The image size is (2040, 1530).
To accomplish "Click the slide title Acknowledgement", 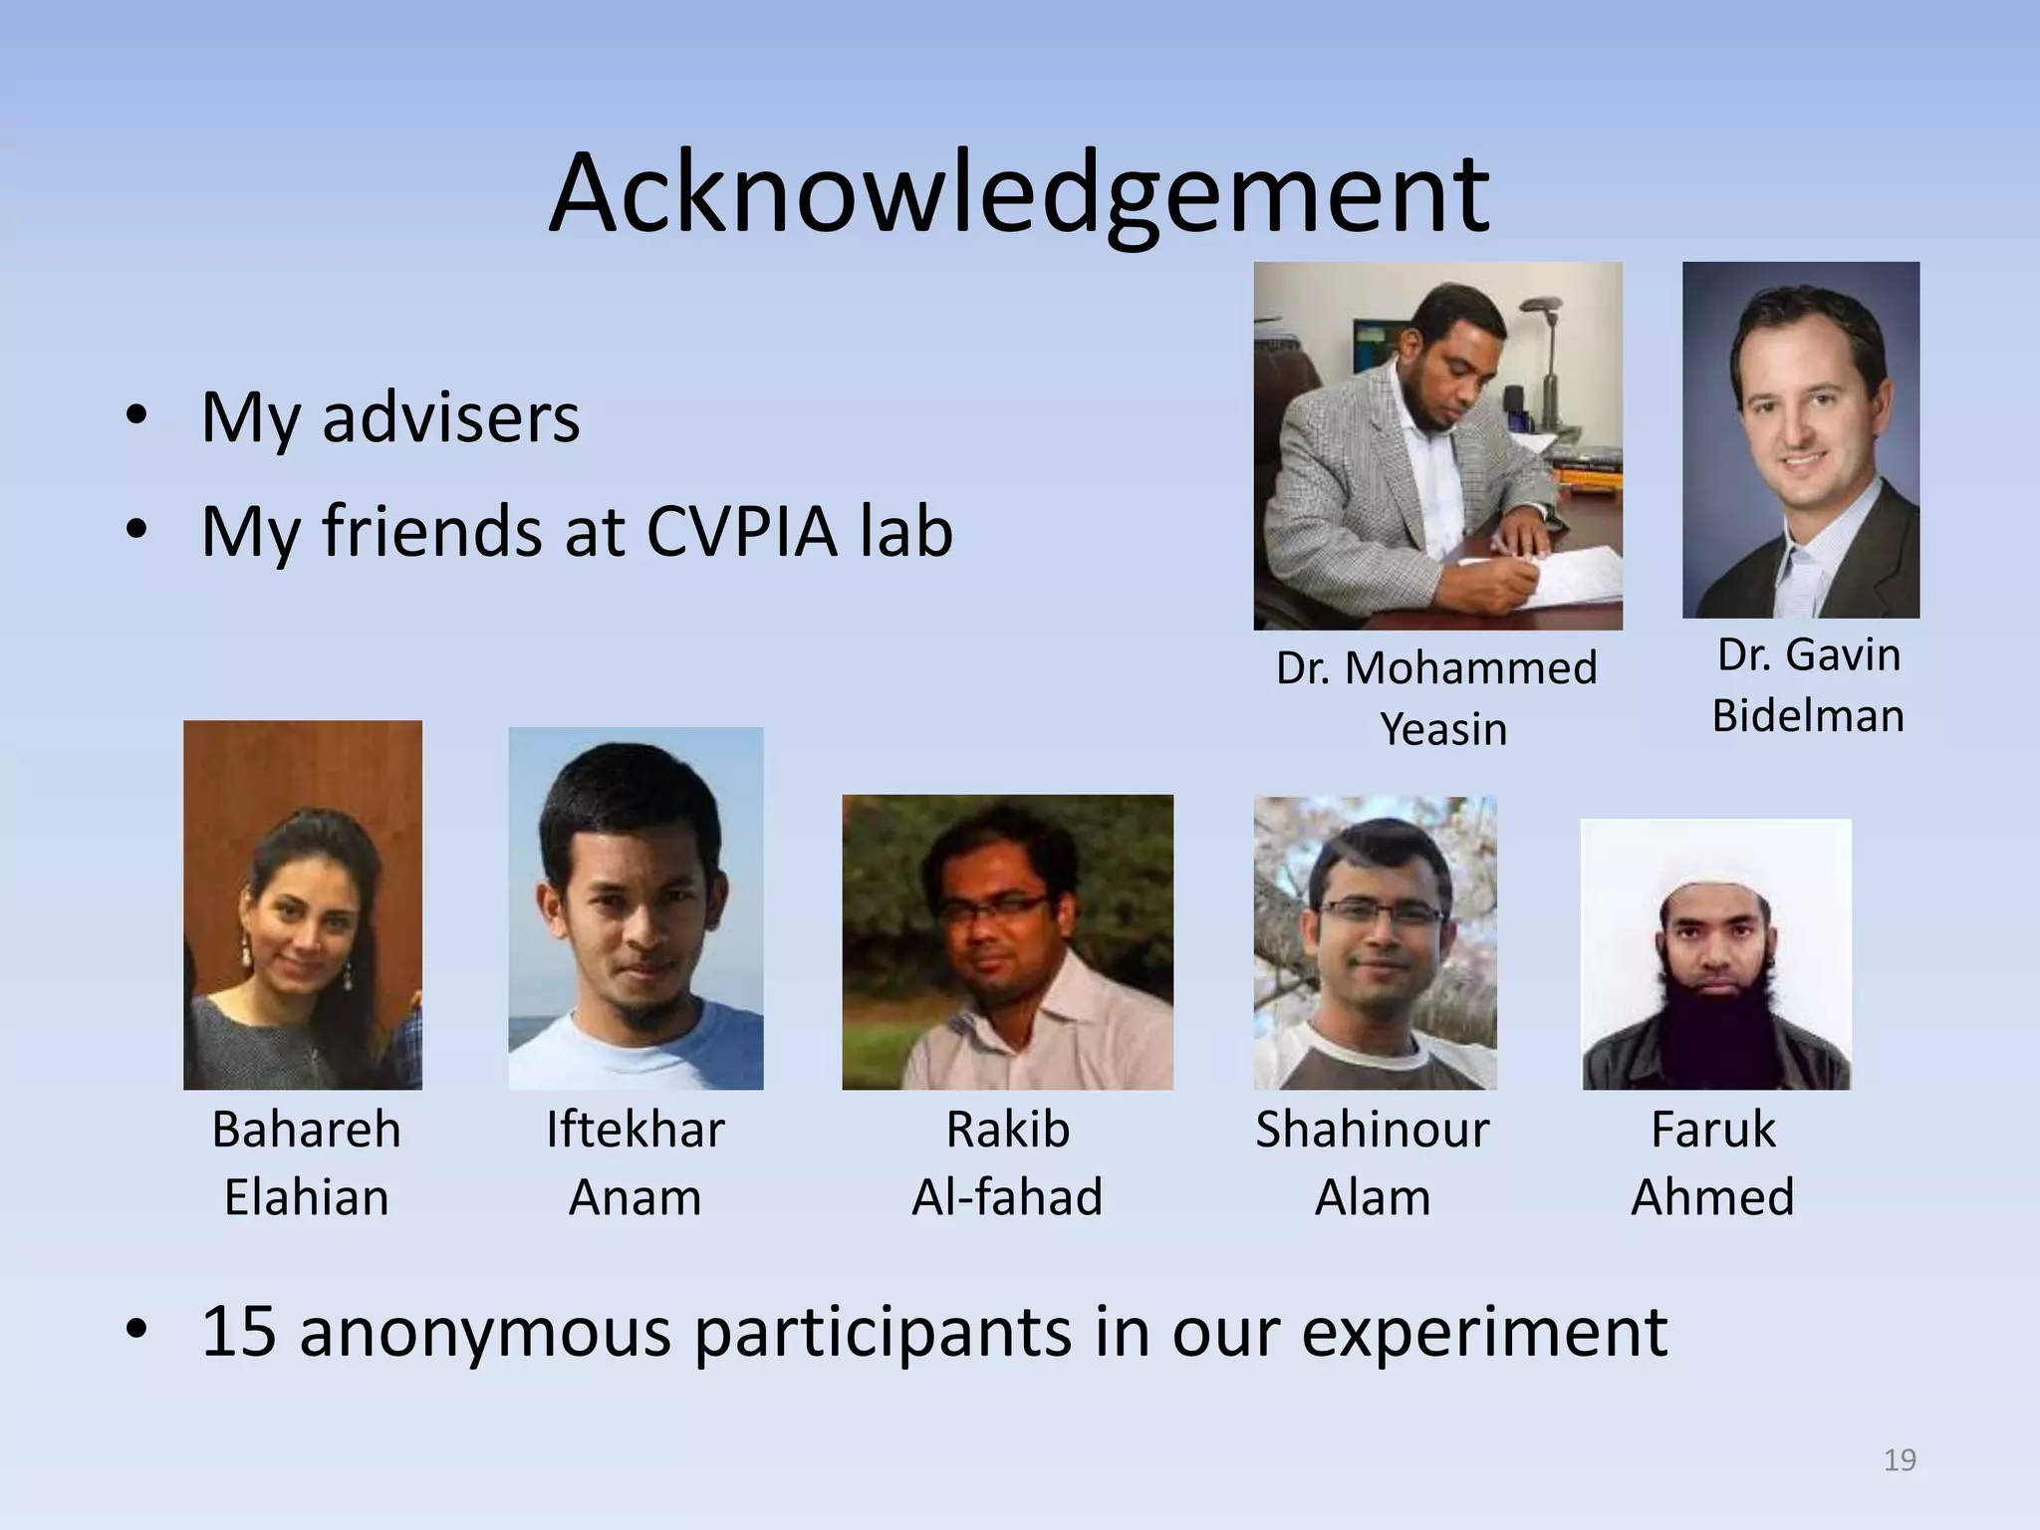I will pyautogui.click(x=1018, y=194).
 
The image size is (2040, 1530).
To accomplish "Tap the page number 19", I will pyautogui.click(x=1900, y=1459).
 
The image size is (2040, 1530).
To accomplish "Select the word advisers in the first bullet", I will pyautogui.click(x=450, y=417).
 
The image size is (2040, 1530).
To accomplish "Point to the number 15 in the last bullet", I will pyautogui.click(x=238, y=1331).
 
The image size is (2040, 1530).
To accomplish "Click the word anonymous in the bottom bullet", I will pyautogui.click(x=485, y=1333).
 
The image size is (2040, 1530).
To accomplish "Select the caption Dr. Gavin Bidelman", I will pyautogui.click(x=1808, y=685).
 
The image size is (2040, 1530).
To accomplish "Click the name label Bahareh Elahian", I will pyautogui.click(x=306, y=1162).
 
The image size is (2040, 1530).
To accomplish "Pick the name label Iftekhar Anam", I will pyautogui.click(x=635, y=1162).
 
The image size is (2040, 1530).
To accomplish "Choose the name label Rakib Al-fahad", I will pyautogui.click(x=1007, y=1162).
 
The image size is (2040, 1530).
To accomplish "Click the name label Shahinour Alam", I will pyautogui.click(x=1372, y=1162).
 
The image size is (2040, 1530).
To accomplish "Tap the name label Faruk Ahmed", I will pyautogui.click(x=1712, y=1162).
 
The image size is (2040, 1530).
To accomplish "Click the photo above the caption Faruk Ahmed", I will pyautogui.click(x=1716, y=953).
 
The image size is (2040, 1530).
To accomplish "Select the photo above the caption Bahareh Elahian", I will pyautogui.click(x=303, y=904).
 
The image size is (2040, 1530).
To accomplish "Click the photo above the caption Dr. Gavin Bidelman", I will pyautogui.click(x=1801, y=439).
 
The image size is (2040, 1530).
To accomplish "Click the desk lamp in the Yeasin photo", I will pyautogui.click(x=1549, y=339).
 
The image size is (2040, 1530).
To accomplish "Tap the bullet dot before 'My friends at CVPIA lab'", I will pyautogui.click(x=136, y=531).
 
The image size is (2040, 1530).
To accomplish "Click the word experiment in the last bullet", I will pyautogui.click(x=1483, y=1333).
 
